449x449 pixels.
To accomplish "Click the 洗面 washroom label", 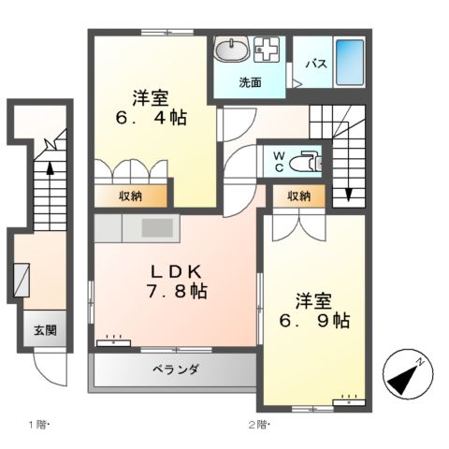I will tap(249, 81).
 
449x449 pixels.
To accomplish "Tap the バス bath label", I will tap(316, 64).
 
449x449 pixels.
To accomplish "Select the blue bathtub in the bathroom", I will tap(348, 62).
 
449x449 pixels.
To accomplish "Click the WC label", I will tap(279, 161).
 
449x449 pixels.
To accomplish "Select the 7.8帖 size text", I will tap(175, 292).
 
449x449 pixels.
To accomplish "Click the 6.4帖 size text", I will tap(150, 119).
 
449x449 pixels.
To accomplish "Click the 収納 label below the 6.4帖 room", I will tap(131, 196).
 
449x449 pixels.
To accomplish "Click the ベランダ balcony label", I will tap(173, 369).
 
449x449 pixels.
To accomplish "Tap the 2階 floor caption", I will tap(259, 423).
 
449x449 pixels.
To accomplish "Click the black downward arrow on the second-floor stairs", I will tap(348, 195).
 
